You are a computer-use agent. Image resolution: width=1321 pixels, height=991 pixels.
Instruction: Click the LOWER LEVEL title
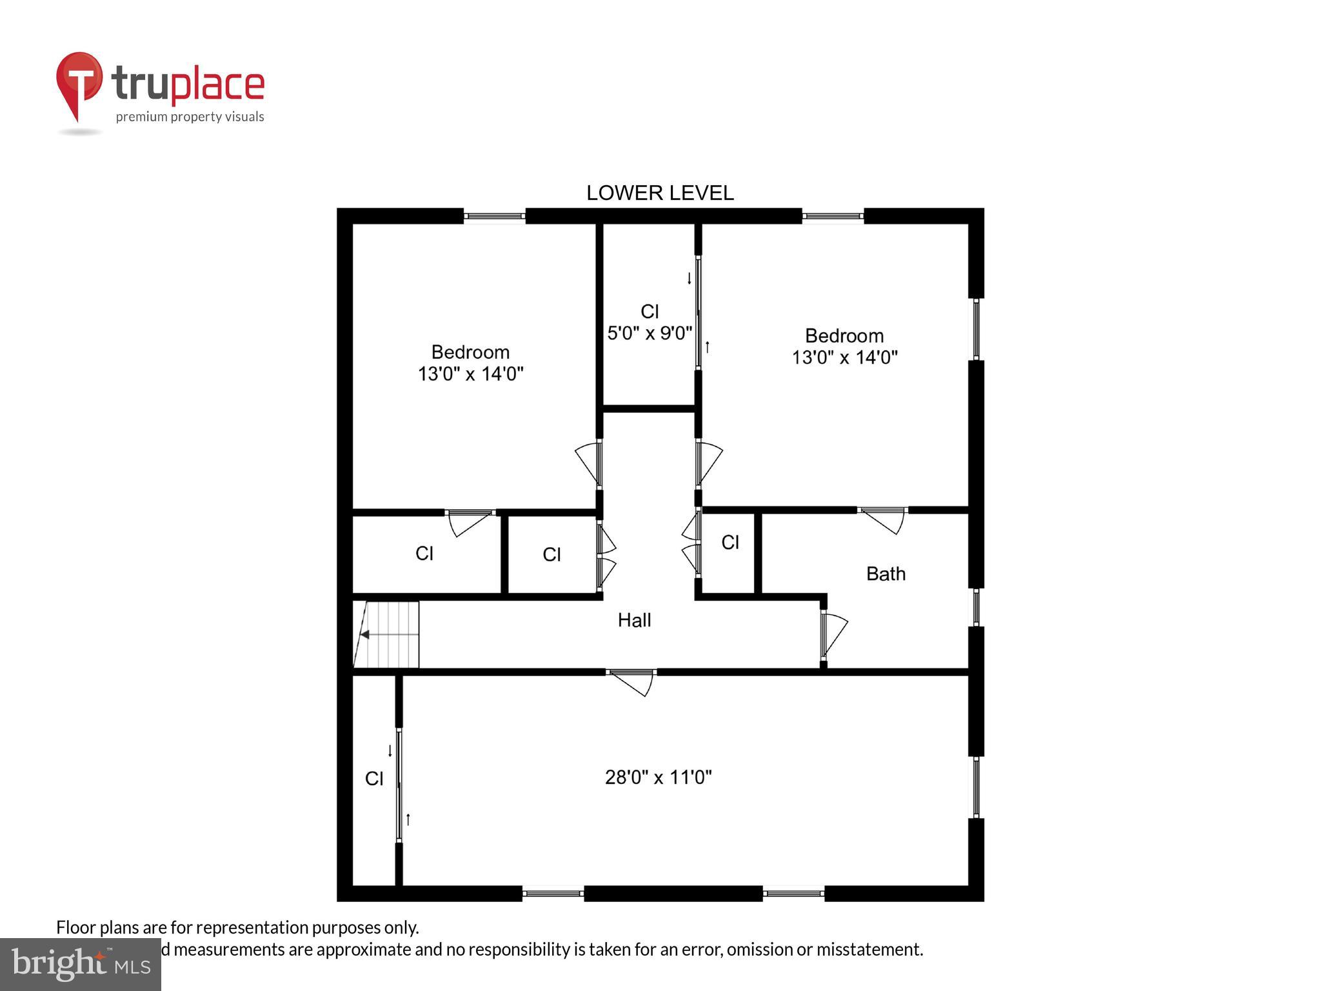tap(659, 193)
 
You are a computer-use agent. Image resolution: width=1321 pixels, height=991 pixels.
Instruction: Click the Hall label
tap(634, 621)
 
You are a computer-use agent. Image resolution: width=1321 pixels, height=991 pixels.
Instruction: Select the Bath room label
tap(885, 574)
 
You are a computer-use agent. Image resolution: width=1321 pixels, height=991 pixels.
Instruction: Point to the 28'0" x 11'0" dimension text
tap(658, 777)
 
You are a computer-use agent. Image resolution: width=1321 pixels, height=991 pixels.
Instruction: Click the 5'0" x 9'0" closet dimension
tap(650, 333)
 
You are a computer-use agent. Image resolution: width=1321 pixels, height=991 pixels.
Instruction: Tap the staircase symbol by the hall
tap(387, 635)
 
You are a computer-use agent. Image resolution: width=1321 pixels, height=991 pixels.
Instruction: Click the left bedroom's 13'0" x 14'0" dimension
tap(470, 374)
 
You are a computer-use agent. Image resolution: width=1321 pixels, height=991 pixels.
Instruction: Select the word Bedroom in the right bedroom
tap(844, 336)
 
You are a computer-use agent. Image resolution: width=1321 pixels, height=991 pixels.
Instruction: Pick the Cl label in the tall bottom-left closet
tap(374, 779)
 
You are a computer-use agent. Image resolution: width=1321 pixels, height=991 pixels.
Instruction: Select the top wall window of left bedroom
tap(495, 216)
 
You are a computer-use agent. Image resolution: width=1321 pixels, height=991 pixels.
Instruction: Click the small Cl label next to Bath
tap(730, 543)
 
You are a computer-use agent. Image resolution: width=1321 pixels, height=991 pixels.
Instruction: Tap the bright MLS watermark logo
tap(80, 965)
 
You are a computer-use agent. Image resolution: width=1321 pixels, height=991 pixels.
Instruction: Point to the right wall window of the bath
tap(976, 607)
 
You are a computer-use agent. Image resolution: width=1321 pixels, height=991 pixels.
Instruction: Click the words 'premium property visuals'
tap(190, 117)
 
